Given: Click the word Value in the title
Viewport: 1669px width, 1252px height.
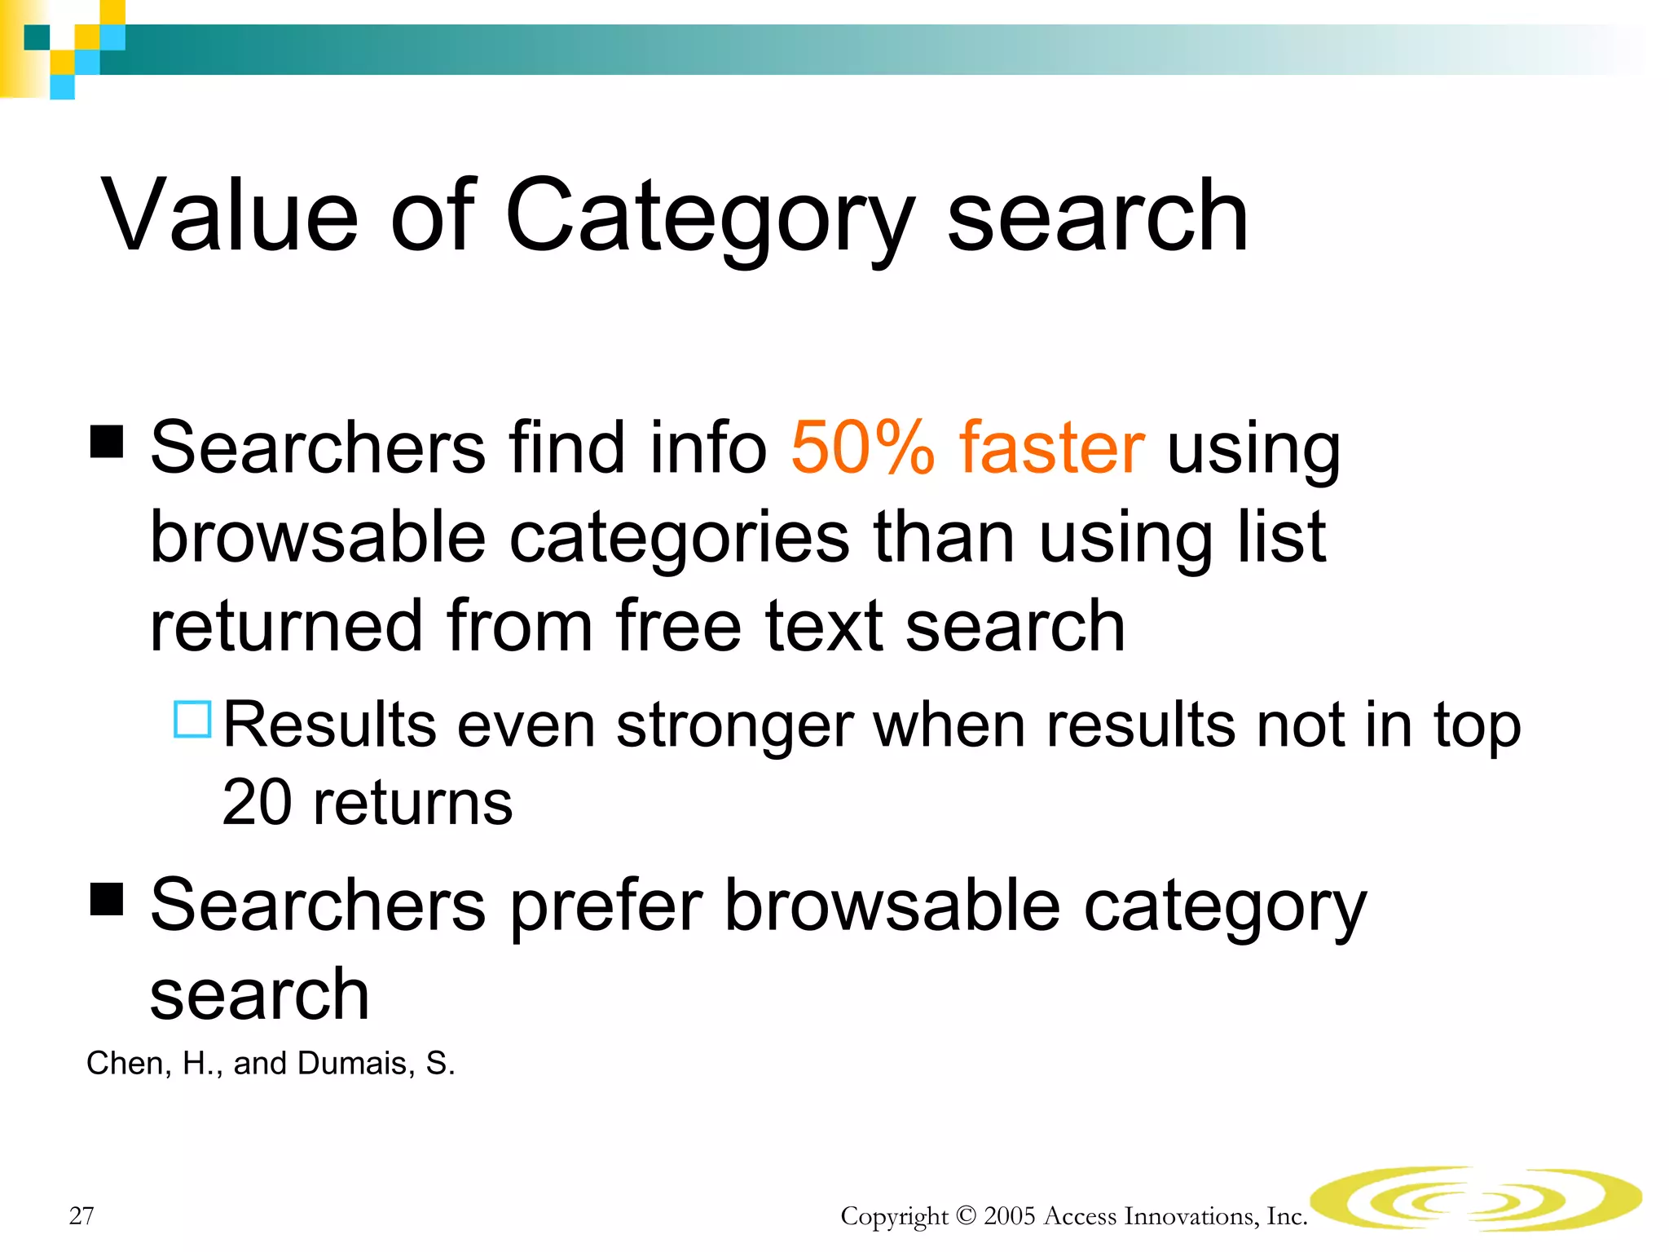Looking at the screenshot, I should (230, 216).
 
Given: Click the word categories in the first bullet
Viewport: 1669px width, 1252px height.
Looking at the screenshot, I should (680, 538).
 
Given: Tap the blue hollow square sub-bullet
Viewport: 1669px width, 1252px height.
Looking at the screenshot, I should (193, 719).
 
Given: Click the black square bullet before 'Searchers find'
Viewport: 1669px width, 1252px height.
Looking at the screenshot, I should (107, 441).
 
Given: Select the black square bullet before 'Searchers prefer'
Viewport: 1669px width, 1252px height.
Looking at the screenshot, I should (107, 899).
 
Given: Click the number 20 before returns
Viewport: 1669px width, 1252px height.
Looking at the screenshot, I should (257, 802).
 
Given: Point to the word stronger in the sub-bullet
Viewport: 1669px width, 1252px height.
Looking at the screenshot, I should (734, 725).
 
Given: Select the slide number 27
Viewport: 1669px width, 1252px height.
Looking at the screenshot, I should (81, 1215).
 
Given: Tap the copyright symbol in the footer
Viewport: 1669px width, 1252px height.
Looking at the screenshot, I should (966, 1216).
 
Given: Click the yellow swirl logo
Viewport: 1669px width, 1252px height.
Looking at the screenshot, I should (1475, 1198).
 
